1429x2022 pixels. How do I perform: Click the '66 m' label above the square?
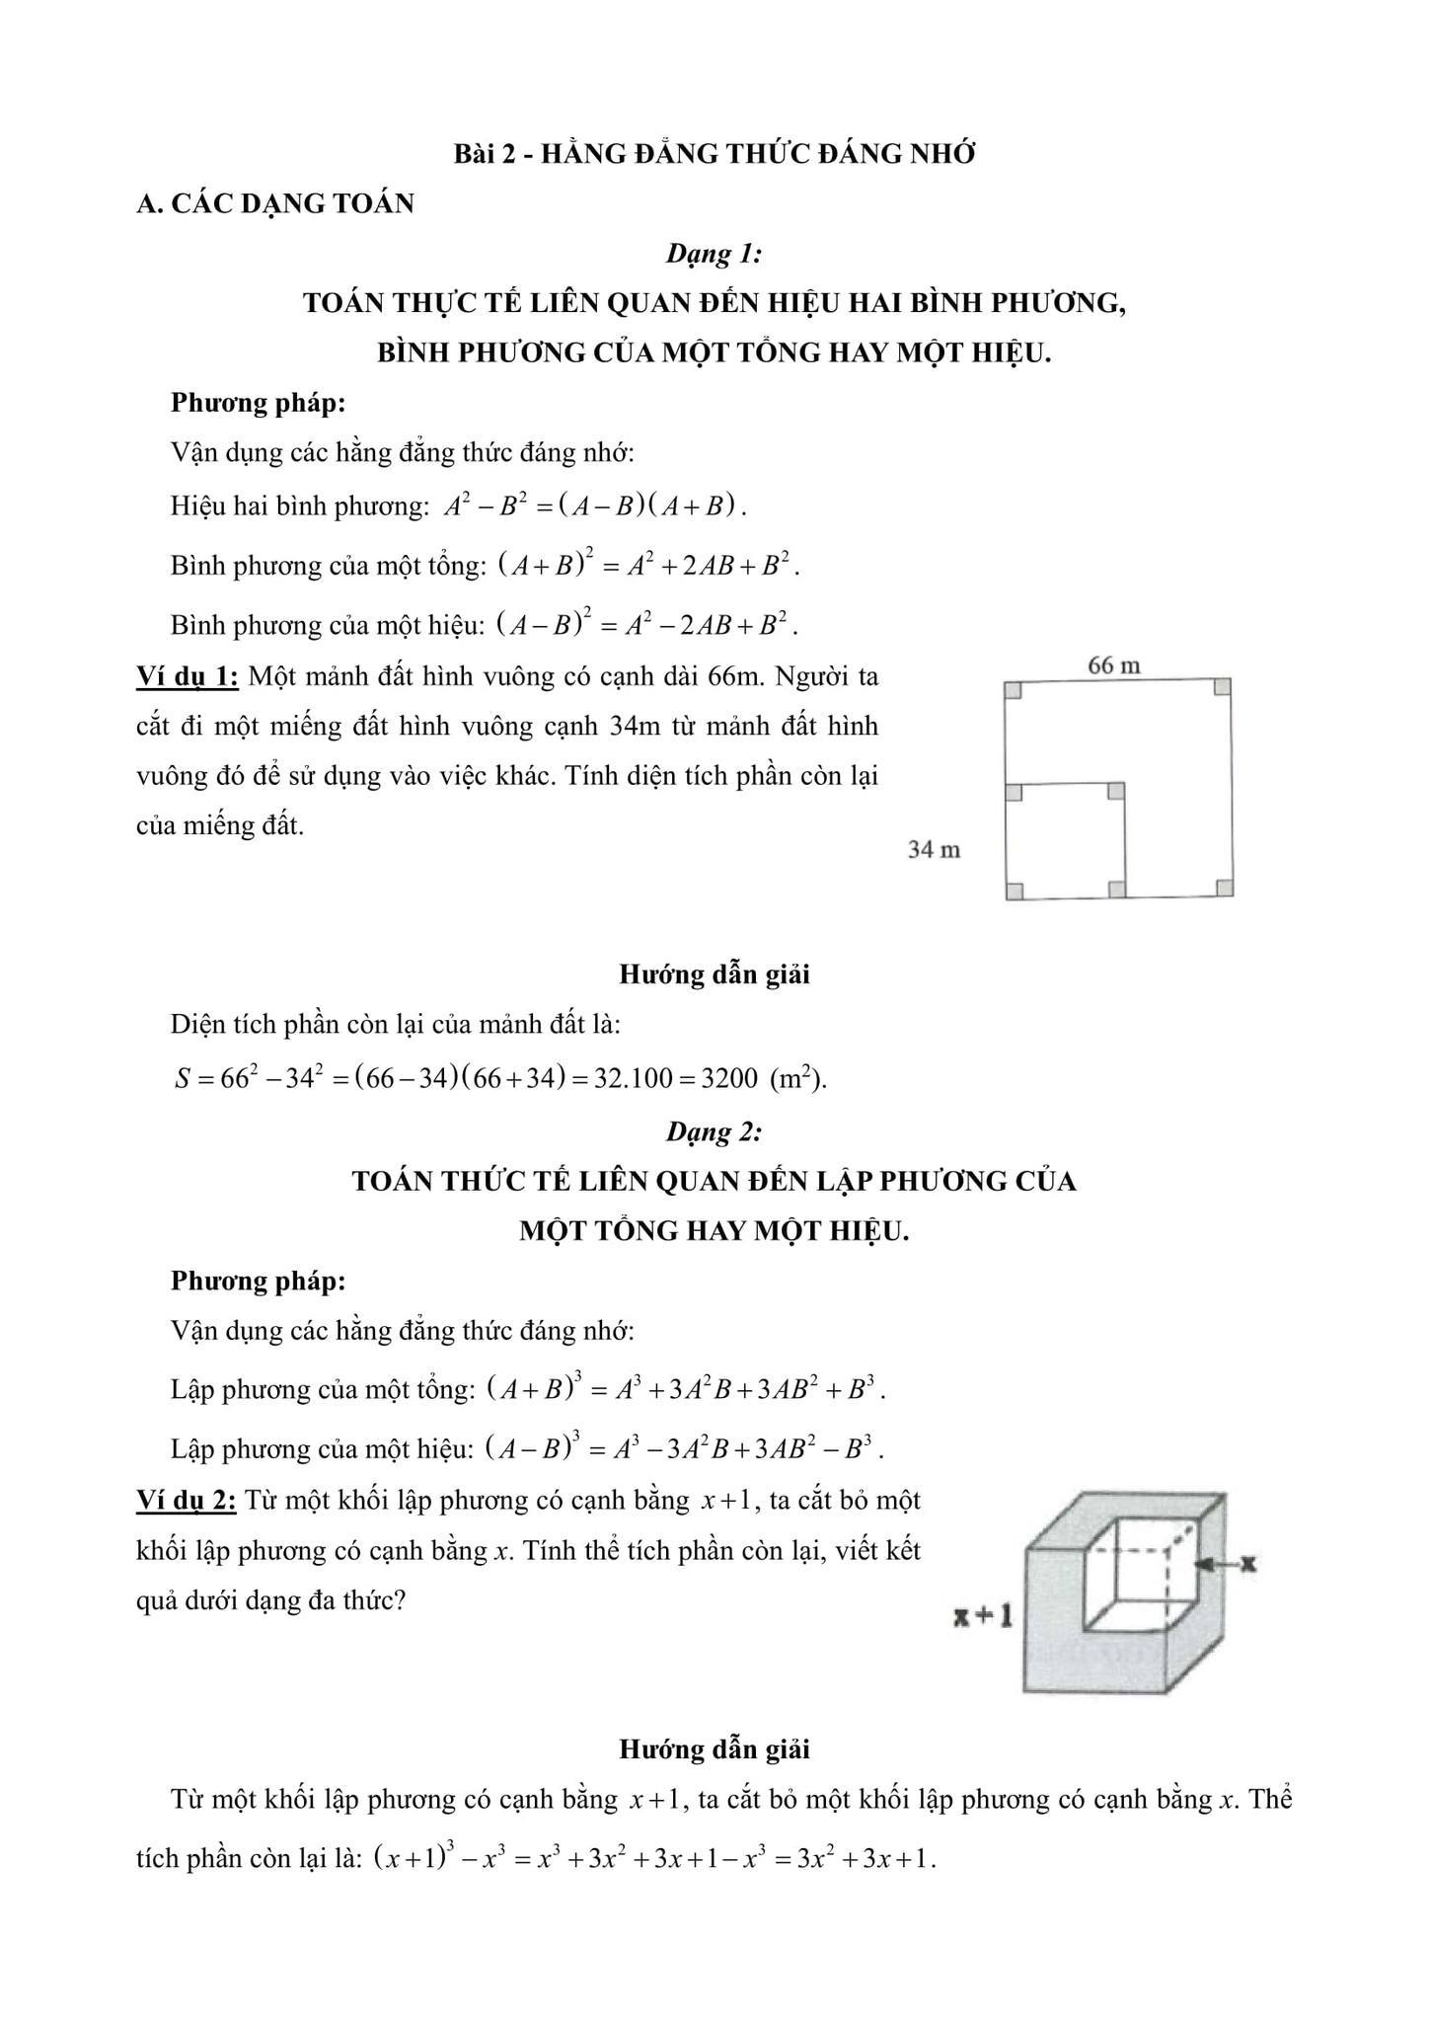1113,666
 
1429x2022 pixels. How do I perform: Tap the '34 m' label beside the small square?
934,849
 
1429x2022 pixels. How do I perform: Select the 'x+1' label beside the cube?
983,1617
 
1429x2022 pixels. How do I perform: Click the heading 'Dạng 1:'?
714,254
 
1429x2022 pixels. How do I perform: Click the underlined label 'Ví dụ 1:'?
187,677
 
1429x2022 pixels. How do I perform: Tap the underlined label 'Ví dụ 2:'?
187,1501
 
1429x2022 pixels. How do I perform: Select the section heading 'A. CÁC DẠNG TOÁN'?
275,204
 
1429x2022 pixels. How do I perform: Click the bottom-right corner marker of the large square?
1224,888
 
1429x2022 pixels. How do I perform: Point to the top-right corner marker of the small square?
1116,792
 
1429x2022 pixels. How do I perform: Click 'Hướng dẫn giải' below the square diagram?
714,974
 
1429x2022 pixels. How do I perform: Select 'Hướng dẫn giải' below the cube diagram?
714,1750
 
